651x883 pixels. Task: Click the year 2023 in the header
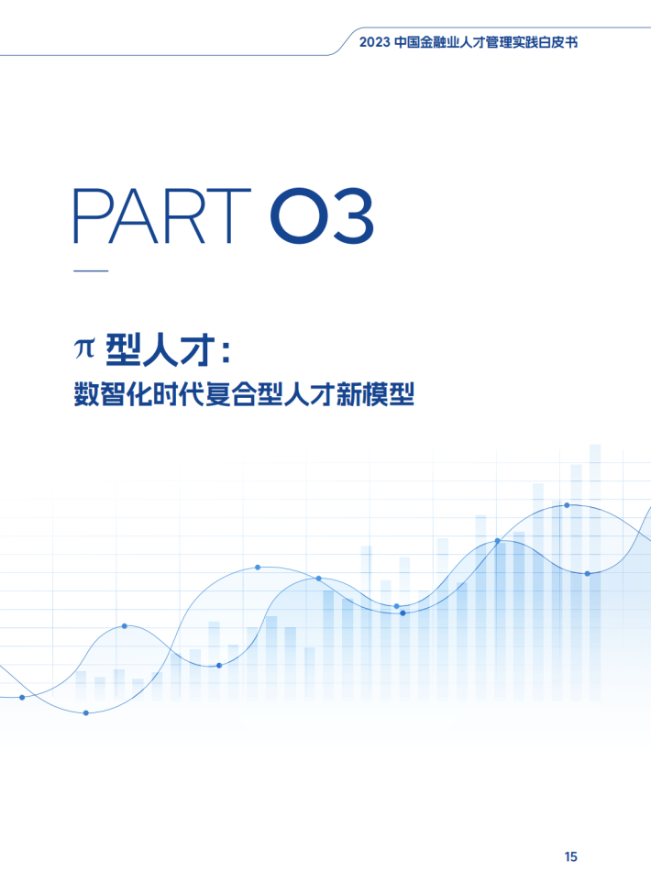tap(374, 42)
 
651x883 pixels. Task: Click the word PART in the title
tap(162, 216)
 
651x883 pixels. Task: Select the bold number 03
tap(322, 216)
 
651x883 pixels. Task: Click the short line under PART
tap(91, 270)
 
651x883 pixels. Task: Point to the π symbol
tap(84, 348)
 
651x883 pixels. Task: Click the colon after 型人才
tap(226, 350)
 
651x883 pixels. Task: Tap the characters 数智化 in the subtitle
tap(112, 393)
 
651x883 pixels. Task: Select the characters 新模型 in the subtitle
tap(376, 393)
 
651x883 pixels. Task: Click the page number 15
tap(570, 856)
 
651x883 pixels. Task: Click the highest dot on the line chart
tap(567, 505)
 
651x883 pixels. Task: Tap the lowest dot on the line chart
tap(86, 713)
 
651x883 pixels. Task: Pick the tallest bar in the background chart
tap(595, 571)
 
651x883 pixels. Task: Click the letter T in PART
tap(229, 216)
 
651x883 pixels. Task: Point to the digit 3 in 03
tap(351, 216)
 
